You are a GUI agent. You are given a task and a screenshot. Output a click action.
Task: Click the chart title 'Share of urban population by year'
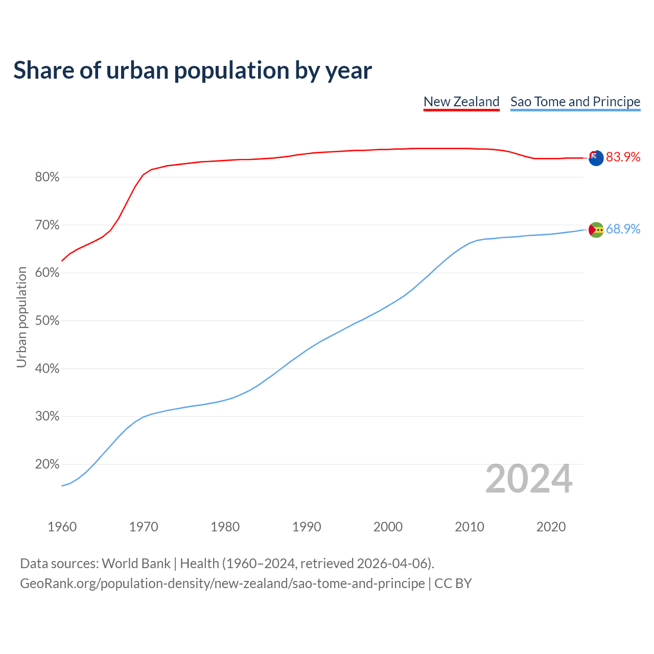193,71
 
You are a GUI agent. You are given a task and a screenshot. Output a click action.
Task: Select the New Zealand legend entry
461,102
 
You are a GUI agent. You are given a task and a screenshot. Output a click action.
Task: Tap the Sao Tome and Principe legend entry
575,102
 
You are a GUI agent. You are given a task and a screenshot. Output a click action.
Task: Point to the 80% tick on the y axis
47,177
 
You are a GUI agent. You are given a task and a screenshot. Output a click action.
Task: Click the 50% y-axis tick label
47,321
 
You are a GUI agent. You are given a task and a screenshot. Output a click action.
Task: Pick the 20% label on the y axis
47,464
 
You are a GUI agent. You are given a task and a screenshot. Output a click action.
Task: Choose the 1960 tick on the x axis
62,527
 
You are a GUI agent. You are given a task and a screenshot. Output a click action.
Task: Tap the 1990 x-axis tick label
307,527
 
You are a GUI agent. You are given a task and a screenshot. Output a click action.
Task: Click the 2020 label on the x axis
551,527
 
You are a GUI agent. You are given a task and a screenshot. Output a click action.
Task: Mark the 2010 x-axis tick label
470,527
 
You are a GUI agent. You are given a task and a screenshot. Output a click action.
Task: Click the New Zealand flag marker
596,158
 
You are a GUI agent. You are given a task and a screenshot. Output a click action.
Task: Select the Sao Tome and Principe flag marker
596,230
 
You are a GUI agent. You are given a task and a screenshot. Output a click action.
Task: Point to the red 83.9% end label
623,157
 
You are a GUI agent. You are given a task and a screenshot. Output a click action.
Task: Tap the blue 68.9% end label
623,229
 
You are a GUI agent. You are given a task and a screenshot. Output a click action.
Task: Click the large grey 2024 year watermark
529,479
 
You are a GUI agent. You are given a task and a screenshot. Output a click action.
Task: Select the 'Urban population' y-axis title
21,317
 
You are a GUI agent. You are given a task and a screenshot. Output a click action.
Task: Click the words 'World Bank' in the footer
136,564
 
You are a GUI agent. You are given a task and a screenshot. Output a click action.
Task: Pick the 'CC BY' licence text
453,583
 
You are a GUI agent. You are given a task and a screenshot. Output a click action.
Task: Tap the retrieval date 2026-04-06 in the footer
392,564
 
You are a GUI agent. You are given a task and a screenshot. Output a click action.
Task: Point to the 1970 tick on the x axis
144,527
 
